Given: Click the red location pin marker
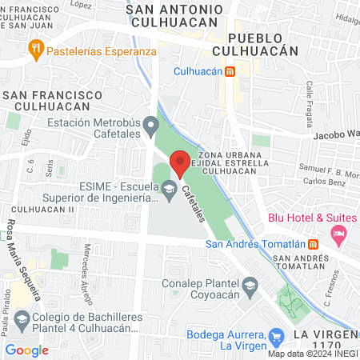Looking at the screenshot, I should click(x=180, y=162).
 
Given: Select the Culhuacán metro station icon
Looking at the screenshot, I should click(x=230, y=70).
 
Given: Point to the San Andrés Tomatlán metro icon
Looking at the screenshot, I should click(x=314, y=244).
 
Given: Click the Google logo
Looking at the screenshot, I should click(x=26, y=350).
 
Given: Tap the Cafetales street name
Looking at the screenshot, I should click(x=195, y=206).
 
